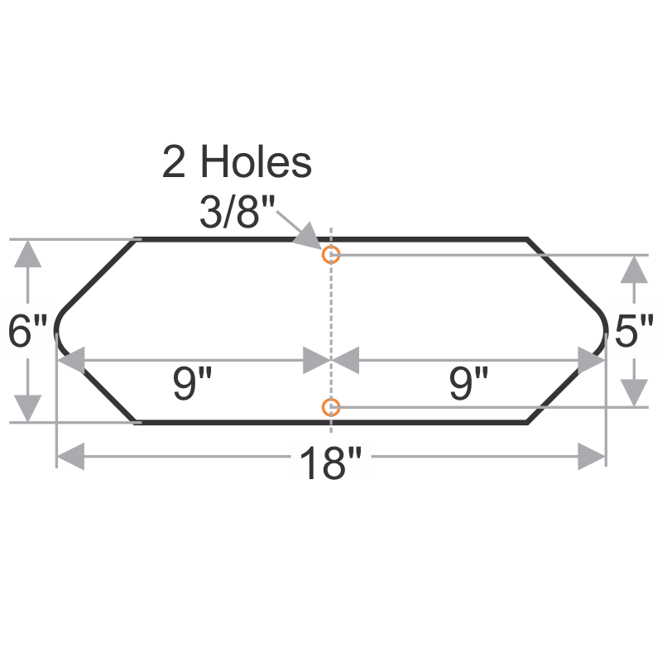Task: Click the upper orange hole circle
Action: tap(331, 255)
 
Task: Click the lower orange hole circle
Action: tap(331, 407)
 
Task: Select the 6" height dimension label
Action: tap(28, 333)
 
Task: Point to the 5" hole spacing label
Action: tap(635, 333)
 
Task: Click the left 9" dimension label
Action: tap(193, 384)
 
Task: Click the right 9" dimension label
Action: tap(469, 384)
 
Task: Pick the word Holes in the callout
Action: tap(256, 162)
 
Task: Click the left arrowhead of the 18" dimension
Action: tap(70, 456)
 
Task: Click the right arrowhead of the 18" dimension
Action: tap(592, 456)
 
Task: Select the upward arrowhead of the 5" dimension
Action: tap(634, 270)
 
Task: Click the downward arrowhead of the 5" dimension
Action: tap(634, 392)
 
